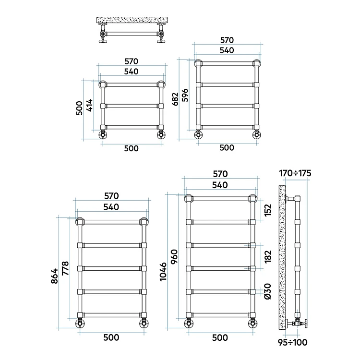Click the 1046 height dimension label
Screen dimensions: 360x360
click(163, 272)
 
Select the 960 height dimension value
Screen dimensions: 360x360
click(175, 257)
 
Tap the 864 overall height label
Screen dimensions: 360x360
click(55, 276)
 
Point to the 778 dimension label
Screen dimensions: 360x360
click(65, 268)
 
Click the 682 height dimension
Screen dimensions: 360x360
click(175, 99)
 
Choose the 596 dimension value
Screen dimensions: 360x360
click(185, 95)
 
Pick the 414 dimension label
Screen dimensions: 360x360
click(90, 105)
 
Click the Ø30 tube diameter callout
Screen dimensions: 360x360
click(268, 291)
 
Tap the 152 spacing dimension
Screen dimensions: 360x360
click(268, 210)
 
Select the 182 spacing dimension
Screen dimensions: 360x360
click(268, 256)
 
